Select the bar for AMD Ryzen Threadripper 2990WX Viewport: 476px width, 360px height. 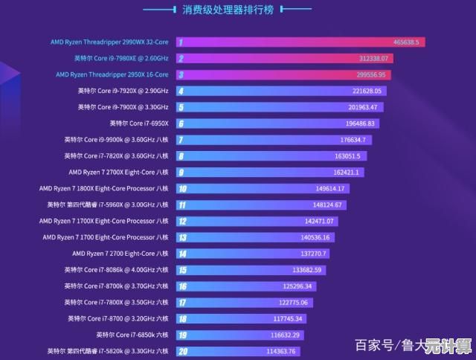[x=297, y=42]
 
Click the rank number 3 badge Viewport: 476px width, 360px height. [x=181, y=74]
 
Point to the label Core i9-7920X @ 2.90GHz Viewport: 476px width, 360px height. [x=123, y=91]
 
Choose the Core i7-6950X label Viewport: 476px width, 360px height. [x=139, y=123]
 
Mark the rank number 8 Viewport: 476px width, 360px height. [x=181, y=156]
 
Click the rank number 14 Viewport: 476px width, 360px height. [x=181, y=254]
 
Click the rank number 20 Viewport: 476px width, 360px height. [x=182, y=351]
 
